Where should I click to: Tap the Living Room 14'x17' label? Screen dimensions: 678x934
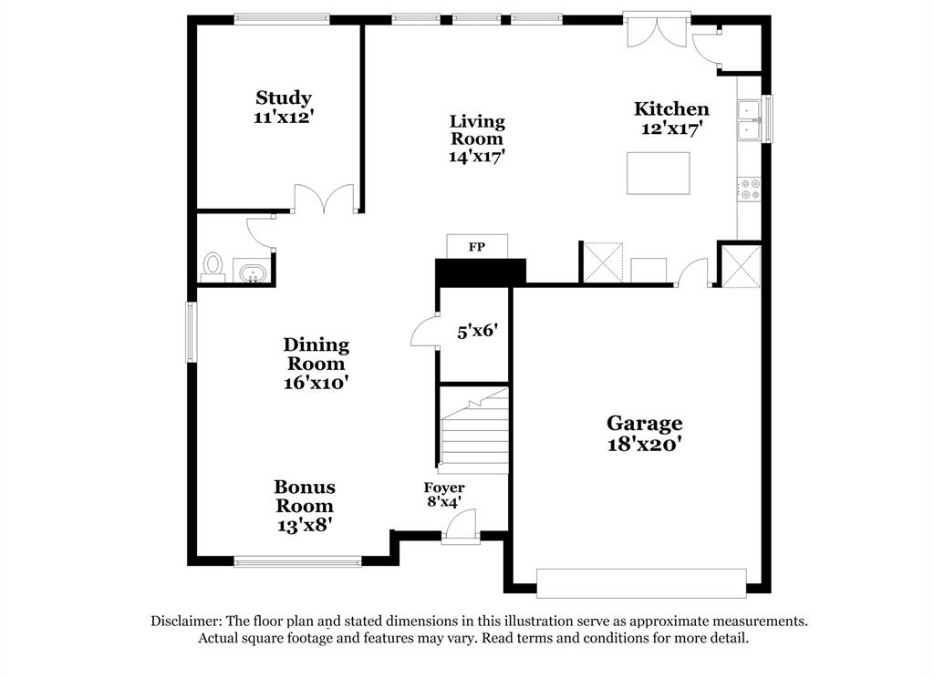pyautogui.click(x=477, y=139)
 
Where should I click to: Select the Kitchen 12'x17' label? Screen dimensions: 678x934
pyautogui.click(x=671, y=118)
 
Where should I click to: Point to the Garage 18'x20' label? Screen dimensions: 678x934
pyautogui.click(x=645, y=433)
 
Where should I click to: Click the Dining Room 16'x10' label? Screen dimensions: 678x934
pyautogui.click(x=316, y=364)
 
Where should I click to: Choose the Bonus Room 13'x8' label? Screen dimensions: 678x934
pyautogui.click(x=305, y=506)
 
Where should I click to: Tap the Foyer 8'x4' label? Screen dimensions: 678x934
pyautogui.click(x=443, y=494)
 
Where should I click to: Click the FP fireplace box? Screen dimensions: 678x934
pyautogui.click(x=476, y=247)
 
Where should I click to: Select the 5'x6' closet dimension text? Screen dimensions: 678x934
pyautogui.click(x=476, y=331)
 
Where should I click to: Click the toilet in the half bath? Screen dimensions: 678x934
pyautogui.click(x=213, y=265)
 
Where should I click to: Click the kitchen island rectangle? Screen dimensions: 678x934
pyautogui.click(x=658, y=173)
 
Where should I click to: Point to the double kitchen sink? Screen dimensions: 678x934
pyautogui.click(x=750, y=120)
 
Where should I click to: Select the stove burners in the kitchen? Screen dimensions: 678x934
pyautogui.click(x=750, y=189)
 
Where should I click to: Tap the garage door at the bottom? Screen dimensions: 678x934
pyautogui.click(x=640, y=583)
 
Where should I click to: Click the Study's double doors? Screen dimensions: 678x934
pyautogui.click(x=324, y=199)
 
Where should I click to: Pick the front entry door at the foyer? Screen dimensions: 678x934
pyautogui.click(x=461, y=529)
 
